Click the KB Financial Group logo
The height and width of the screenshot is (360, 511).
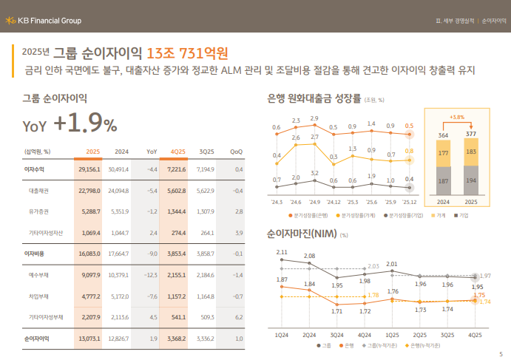[44, 21]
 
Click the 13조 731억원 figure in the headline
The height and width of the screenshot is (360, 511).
[187, 52]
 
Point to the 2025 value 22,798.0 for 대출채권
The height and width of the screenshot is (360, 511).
[88, 191]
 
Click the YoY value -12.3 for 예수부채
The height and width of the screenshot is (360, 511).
[150, 254]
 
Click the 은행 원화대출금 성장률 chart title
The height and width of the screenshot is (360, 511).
[314, 98]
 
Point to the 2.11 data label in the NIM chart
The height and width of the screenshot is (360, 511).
[282, 253]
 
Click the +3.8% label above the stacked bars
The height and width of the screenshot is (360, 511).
[456, 117]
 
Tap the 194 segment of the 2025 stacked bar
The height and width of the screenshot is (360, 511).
[471, 180]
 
